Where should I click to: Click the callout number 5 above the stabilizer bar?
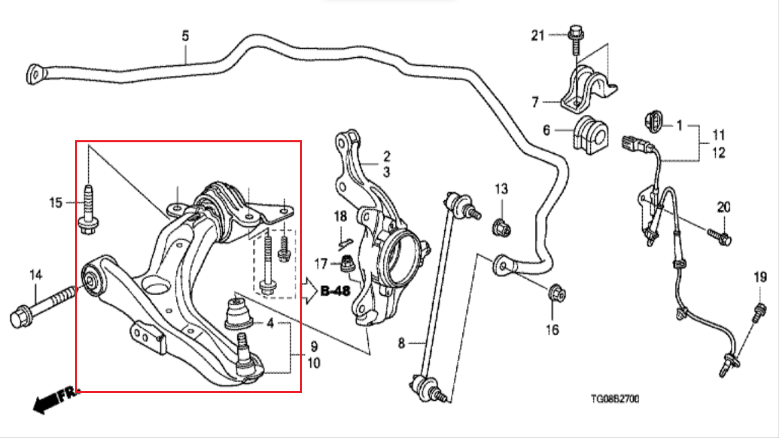tap(185, 36)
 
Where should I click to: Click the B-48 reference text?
tap(335, 291)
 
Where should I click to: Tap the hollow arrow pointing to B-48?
tap(310, 290)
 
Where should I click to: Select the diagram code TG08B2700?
tap(615, 399)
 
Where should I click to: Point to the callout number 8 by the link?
tap(401, 344)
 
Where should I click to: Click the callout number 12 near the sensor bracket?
tap(719, 153)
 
